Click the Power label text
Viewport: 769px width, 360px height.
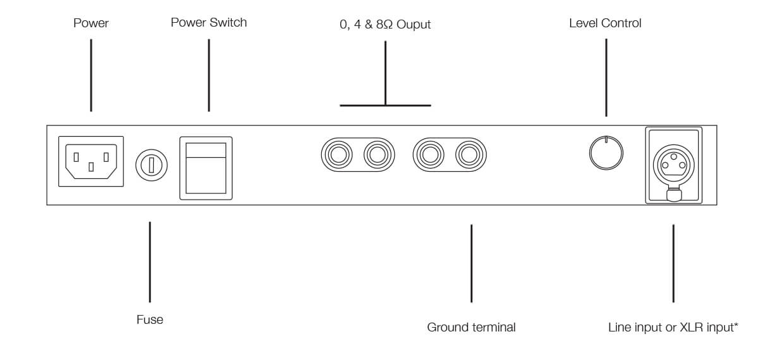(x=91, y=23)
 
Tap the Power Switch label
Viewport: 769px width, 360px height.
(x=208, y=23)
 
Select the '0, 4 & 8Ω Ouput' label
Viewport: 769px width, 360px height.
(x=385, y=25)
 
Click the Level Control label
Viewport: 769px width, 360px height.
(x=605, y=23)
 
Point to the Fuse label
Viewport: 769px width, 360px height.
(x=149, y=320)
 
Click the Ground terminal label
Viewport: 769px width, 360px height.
(x=471, y=328)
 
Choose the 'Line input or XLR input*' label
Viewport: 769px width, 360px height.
(x=673, y=328)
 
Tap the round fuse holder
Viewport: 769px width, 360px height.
(x=151, y=166)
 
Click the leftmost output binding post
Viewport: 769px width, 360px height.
(x=336, y=154)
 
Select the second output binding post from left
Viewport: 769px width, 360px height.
(x=376, y=154)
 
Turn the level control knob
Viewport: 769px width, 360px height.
(x=606, y=153)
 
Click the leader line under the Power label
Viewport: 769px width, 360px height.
(x=91, y=75)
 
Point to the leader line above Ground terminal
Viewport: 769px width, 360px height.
(x=471, y=262)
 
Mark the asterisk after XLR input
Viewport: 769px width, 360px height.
(x=736, y=326)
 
